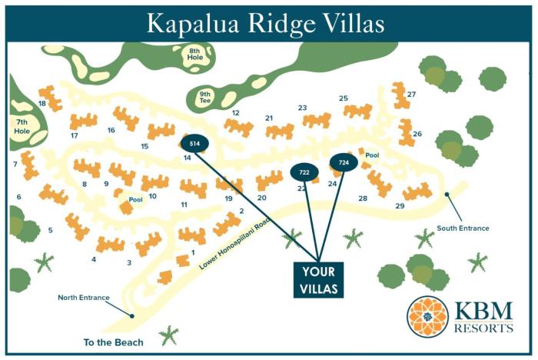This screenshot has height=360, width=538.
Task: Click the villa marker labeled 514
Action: coord(194,143)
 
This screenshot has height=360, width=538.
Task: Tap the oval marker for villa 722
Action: coord(304,173)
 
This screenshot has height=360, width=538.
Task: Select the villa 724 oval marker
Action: coord(344,163)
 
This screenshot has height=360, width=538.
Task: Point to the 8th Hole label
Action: coord(195,55)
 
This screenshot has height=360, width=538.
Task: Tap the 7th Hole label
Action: coord(21,126)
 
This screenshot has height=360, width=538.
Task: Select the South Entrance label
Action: coord(463,228)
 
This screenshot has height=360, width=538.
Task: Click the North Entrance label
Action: coord(84,298)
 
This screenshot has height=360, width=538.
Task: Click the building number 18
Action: coord(42,103)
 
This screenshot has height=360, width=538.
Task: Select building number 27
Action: coord(412,95)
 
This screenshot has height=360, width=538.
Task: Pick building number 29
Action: coord(400,206)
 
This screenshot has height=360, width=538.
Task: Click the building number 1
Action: coord(193,252)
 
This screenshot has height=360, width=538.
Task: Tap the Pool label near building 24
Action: coord(372,155)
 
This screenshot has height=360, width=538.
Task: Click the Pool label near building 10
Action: coord(136,200)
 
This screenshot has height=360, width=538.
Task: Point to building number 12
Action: coord(236,113)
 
